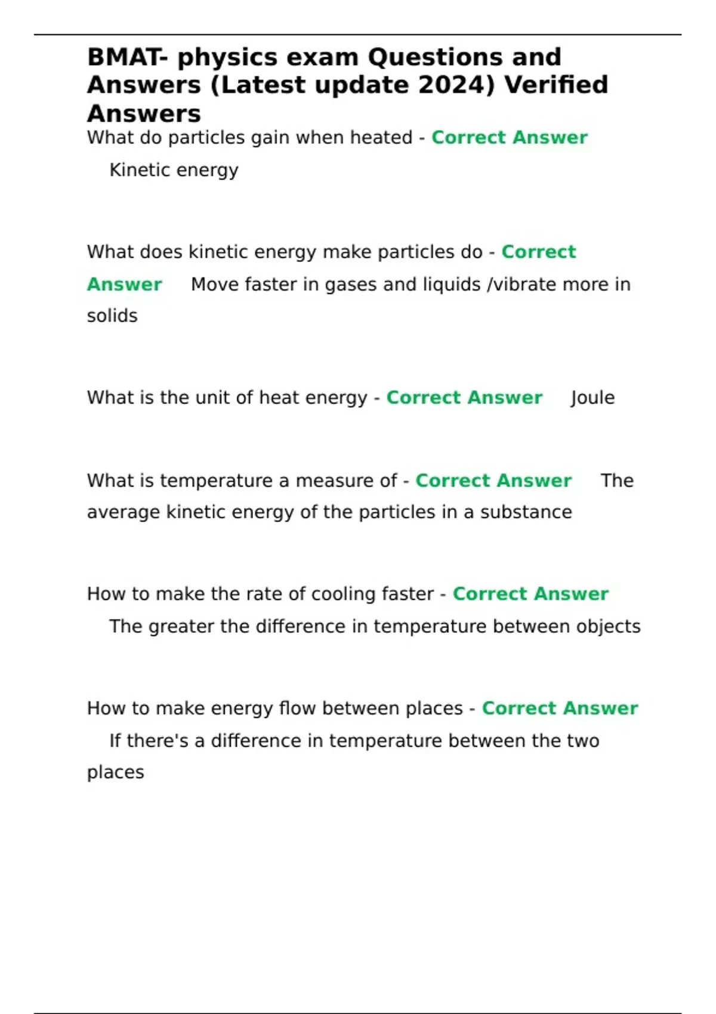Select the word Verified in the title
click(556, 85)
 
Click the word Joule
click(592, 398)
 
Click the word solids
click(112, 316)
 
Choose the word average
click(123, 513)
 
